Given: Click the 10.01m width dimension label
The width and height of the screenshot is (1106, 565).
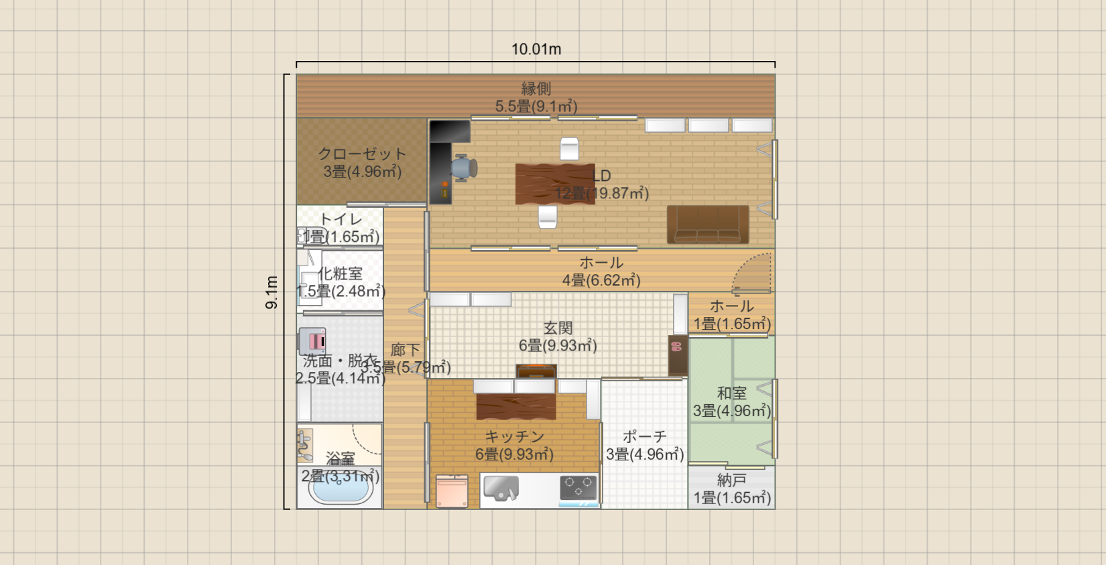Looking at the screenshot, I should (536, 49).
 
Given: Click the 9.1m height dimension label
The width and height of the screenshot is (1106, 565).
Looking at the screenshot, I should (271, 292).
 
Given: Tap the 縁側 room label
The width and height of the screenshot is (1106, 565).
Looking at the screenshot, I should (536, 88).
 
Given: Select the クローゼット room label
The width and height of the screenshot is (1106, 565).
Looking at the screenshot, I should (362, 154).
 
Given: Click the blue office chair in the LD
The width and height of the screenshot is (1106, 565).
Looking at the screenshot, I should (463, 168).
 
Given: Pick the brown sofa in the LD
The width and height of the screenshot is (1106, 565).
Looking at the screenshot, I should (708, 225).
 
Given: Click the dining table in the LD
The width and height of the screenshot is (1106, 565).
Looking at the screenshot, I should (554, 184).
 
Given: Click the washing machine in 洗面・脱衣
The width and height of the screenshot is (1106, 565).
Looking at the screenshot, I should (312, 340).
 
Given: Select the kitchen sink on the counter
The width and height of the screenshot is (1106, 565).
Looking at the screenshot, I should (501, 487).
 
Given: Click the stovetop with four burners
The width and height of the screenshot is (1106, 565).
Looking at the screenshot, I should (578, 487).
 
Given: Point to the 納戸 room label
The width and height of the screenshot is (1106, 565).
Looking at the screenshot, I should (731, 480).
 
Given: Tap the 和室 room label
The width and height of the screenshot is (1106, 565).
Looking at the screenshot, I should (731, 393).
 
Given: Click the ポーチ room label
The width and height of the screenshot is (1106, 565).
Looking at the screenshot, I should (644, 437).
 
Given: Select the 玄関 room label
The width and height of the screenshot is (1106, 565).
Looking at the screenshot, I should (558, 328).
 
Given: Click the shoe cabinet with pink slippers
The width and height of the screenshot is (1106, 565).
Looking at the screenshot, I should (678, 355).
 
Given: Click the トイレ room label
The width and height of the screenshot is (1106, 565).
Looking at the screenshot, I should (341, 219).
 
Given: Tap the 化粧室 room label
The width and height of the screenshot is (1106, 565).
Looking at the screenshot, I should (341, 273).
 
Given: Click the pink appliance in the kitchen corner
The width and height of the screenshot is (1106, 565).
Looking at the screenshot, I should (452, 491).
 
